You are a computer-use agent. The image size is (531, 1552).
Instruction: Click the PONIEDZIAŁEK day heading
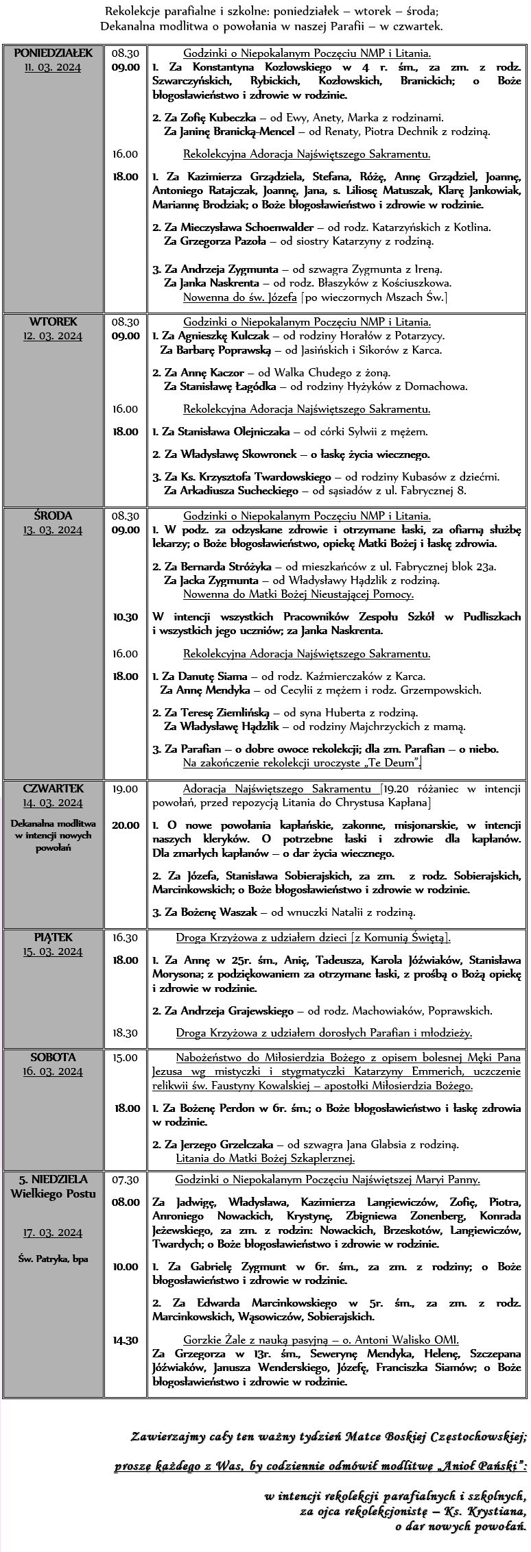point(53,53)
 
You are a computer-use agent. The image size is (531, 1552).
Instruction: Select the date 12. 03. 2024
point(53,336)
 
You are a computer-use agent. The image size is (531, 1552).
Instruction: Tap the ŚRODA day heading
point(53,516)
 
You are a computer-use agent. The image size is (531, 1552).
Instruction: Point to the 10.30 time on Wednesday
point(125,617)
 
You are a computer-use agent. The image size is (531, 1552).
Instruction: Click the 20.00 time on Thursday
point(126,825)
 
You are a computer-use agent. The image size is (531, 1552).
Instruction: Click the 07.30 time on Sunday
point(125,1180)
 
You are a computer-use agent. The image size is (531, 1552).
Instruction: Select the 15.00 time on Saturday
point(125,1058)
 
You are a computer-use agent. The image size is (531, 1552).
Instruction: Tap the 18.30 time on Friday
point(125,1033)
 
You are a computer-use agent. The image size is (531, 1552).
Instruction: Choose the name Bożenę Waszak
point(217,912)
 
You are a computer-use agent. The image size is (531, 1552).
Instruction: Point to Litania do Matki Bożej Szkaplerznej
point(265,1159)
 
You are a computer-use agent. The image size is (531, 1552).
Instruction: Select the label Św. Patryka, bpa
point(53,1259)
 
